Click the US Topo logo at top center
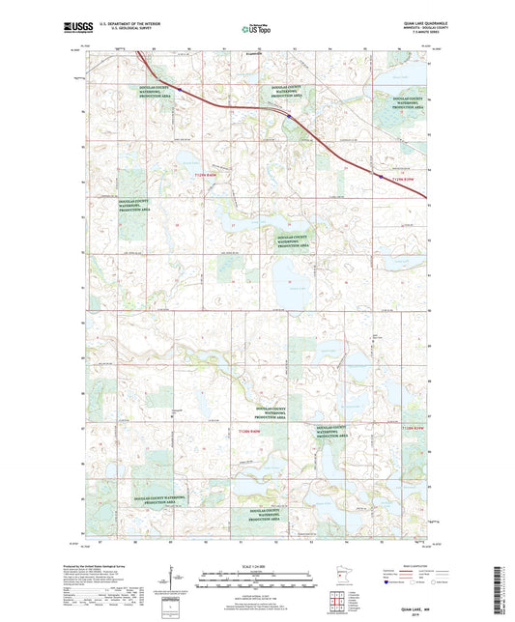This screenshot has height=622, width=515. click(256, 29)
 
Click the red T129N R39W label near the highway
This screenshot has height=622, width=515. click(400, 179)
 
